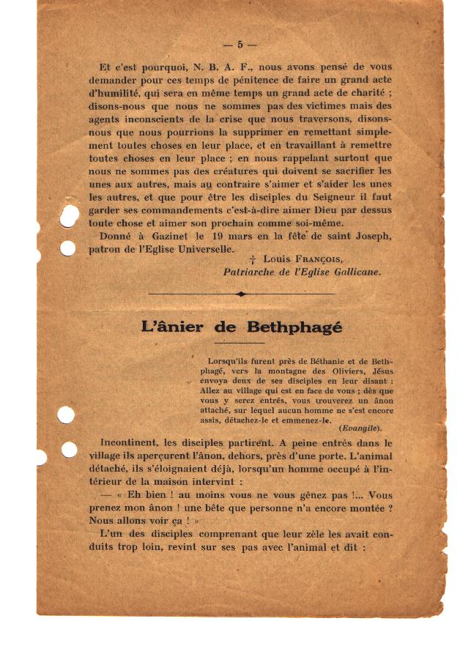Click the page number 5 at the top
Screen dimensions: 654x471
240,44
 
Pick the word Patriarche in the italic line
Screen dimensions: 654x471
251,271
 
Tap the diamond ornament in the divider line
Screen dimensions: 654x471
242,294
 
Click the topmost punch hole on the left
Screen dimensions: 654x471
69,215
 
